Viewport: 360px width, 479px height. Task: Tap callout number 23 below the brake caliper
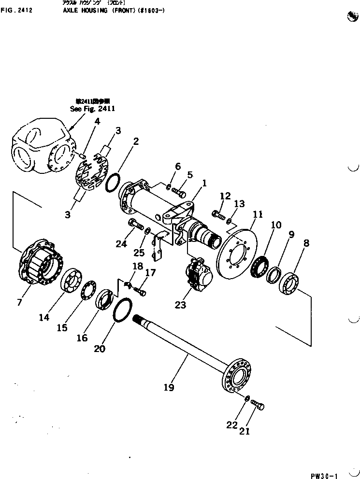pyautogui.click(x=180, y=305)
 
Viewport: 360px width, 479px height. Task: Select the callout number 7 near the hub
pyautogui.click(x=19, y=302)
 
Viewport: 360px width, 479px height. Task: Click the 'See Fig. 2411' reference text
pyautogui.click(x=92, y=109)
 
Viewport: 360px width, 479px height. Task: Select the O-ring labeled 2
pyautogui.click(x=113, y=183)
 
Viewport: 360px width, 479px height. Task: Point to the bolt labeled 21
pyautogui.click(x=257, y=408)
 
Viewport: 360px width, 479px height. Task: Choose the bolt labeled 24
pyautogui.click(x=135, y=224)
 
